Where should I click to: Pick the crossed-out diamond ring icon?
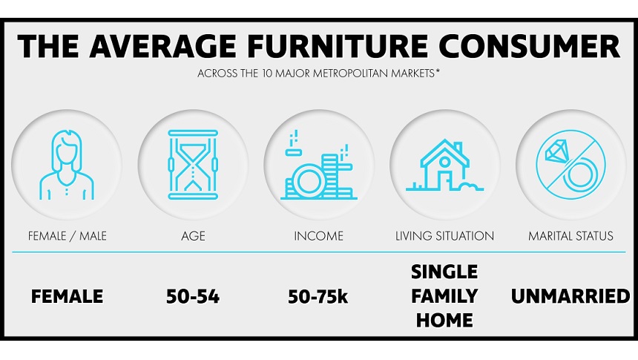pos(570,165)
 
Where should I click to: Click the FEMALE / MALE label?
pos(67,236)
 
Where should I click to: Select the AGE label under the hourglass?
pos(193,236)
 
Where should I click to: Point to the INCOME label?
pos(318,236)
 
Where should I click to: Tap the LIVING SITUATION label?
pos(444,236)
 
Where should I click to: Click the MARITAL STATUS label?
pos(570,236)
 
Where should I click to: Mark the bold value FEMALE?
pos(67,296)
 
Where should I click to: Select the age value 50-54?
pos(193,297)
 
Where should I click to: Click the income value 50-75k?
pos(318,297)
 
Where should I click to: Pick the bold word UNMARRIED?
pos(570,296)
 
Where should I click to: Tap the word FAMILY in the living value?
pos(444,296)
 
